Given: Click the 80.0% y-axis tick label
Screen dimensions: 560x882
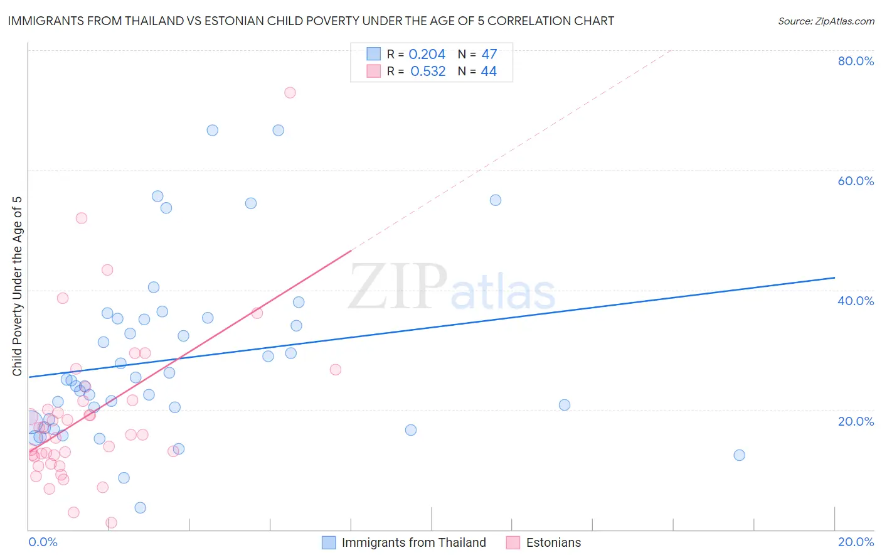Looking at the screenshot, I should (856, 61).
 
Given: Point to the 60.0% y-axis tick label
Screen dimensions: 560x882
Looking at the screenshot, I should (856, 181).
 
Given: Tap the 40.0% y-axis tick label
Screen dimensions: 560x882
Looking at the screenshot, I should (856, 301).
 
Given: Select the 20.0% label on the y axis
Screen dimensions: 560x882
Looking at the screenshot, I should (856, 421).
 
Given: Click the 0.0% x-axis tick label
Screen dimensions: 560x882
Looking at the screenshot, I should (43, 542).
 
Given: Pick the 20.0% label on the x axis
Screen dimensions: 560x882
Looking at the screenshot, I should (856, 542).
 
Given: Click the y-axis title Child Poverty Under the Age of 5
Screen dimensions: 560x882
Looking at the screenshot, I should (18, 286).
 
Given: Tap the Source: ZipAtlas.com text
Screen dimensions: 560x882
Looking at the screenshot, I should (826, 21).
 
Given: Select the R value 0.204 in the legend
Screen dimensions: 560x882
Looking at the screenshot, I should (427, 55).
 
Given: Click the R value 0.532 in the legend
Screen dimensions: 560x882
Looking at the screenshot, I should (428, 72).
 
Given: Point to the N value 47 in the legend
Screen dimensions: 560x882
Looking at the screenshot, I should (489, 55).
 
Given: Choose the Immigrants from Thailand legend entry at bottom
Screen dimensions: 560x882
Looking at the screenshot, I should (413, 542).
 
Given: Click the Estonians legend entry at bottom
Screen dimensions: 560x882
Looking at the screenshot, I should (553, 542).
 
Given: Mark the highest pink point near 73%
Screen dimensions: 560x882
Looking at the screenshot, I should (290, 92).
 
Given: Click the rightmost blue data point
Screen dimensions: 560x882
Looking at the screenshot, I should (740, 455).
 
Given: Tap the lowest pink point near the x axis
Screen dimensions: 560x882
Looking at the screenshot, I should (111, 522).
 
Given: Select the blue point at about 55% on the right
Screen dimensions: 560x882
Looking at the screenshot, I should (496, 200).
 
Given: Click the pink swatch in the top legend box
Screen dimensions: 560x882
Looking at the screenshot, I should (374, 72).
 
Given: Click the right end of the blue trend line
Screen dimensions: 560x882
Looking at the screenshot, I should (834, 277).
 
